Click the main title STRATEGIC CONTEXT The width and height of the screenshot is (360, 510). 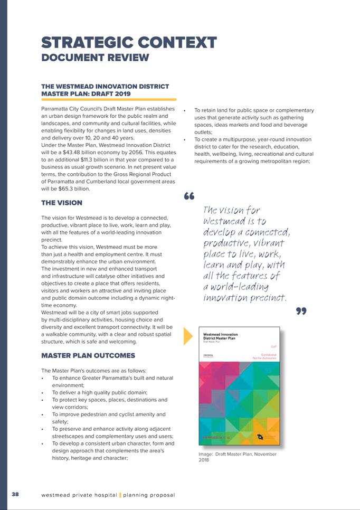tap(129, 42)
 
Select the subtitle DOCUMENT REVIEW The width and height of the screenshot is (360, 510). tap(95, 57)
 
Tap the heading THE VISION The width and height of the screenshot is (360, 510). tap(61, 202)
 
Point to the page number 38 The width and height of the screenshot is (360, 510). tap(15, 494)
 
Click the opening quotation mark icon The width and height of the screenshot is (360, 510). tap(190, 196)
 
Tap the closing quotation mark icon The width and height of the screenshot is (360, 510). tap(301, 311)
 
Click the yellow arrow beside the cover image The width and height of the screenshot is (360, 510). tap(187, 336)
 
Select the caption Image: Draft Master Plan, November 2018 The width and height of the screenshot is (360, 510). tap(237, 457)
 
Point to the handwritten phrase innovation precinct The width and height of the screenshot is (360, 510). tap(245, 298)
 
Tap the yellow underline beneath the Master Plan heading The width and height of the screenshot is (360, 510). tap(108, 99)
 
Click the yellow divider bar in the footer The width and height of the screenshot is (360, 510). tap(120, 495)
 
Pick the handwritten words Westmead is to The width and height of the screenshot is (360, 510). tap(235, 221)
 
